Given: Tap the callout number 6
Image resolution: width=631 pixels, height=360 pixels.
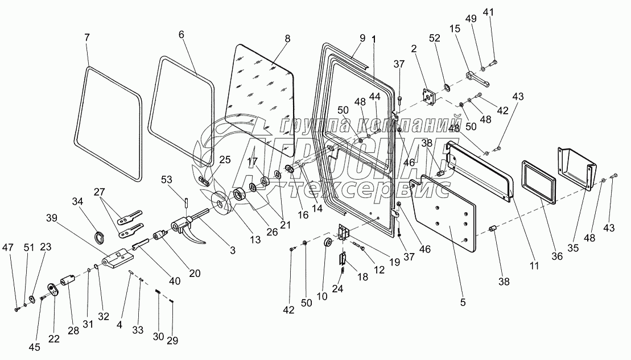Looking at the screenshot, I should (x=182, y=34).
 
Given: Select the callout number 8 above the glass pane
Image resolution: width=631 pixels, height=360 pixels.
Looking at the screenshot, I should (x=287, y=39).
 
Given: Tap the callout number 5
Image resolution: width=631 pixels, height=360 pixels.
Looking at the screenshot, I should (x=463, y=303).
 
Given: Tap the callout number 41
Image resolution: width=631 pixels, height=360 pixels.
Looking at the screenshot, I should (x=489, y=12).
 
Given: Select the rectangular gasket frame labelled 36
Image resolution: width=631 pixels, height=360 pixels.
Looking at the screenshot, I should (x=537, y=181).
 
